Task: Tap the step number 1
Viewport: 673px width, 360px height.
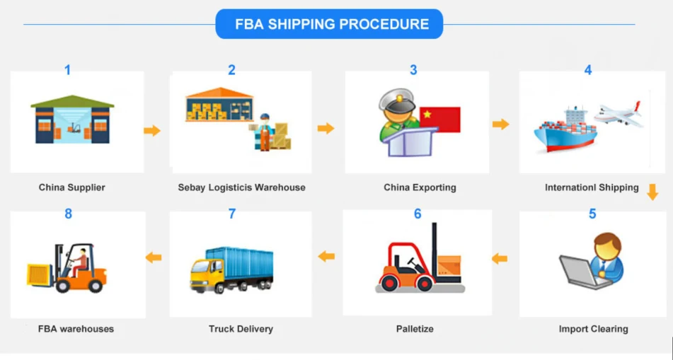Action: [68, 70]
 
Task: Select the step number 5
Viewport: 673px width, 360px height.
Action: [592, 214]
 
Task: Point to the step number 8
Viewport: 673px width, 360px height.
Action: [68, 214]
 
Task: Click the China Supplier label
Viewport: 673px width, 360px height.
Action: [71, 187]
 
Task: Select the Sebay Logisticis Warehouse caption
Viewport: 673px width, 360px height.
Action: [241, 187]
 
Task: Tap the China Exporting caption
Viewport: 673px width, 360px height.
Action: [420, 187]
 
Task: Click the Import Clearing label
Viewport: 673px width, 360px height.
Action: [593, 328]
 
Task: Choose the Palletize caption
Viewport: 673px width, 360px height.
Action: [415, 328]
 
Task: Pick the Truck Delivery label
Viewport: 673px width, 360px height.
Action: [241, 328]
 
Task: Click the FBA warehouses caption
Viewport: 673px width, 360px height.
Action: [76, 328]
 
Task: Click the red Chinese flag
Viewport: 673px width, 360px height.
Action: [439, 119]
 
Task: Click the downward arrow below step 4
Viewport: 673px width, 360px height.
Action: [652, 192]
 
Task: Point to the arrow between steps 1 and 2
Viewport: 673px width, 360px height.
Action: [151, 130]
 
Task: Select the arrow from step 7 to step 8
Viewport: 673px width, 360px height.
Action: [153, 257]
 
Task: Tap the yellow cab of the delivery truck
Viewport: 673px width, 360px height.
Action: [202, 272]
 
